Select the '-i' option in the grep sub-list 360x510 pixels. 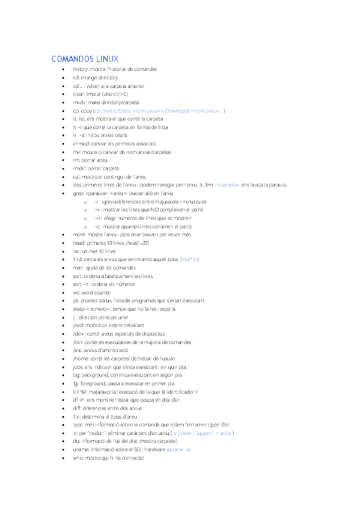point(97,202)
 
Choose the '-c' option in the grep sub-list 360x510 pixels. point(97,227)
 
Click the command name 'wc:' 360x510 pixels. point(76,292)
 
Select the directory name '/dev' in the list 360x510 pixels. point(78,333)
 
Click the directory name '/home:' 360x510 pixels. point(80,358)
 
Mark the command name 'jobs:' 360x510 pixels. point(78,366)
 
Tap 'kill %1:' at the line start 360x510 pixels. point(81,391)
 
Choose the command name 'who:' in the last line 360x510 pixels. point(78,458)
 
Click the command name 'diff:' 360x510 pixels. point(76,408)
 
